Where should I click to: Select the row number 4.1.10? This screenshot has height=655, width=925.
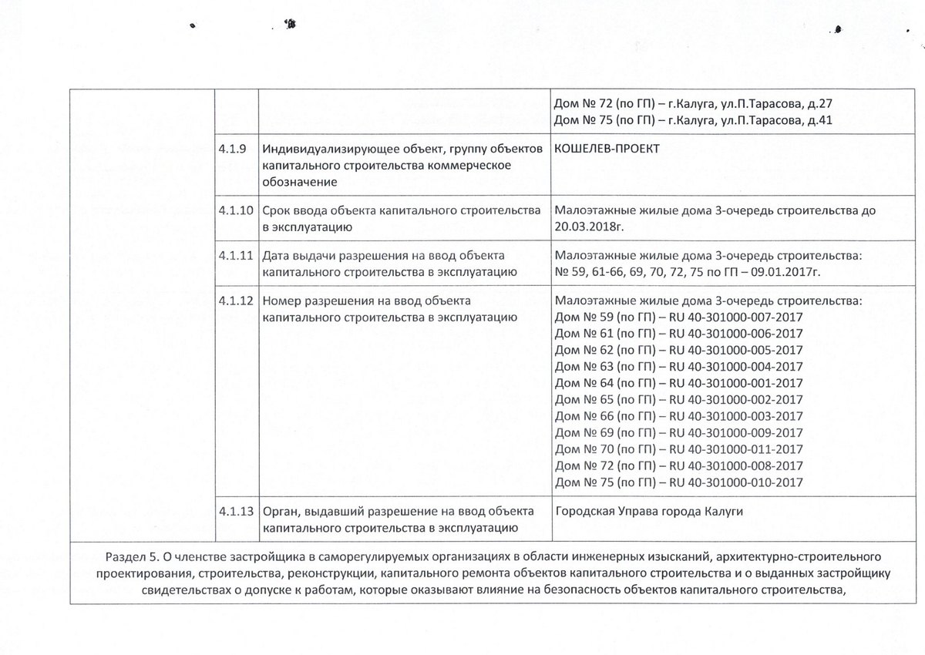[235, 210]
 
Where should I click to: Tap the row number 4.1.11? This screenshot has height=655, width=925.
[235, 255]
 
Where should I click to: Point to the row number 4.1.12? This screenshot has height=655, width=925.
[235, 300]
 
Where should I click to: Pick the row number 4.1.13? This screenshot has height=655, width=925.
[235, 511]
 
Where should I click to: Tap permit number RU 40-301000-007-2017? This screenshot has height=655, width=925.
[736, 317]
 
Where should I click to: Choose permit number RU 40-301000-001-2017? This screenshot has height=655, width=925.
[736, 383]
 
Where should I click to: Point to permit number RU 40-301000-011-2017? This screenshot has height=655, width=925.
[736, 449]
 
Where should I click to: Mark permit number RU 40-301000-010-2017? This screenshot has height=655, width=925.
[736, 483]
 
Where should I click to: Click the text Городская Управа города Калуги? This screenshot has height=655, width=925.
[649, 512]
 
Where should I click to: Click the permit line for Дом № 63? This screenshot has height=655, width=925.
[678, 366]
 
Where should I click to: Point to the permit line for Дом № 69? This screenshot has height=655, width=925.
[678, 433]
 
